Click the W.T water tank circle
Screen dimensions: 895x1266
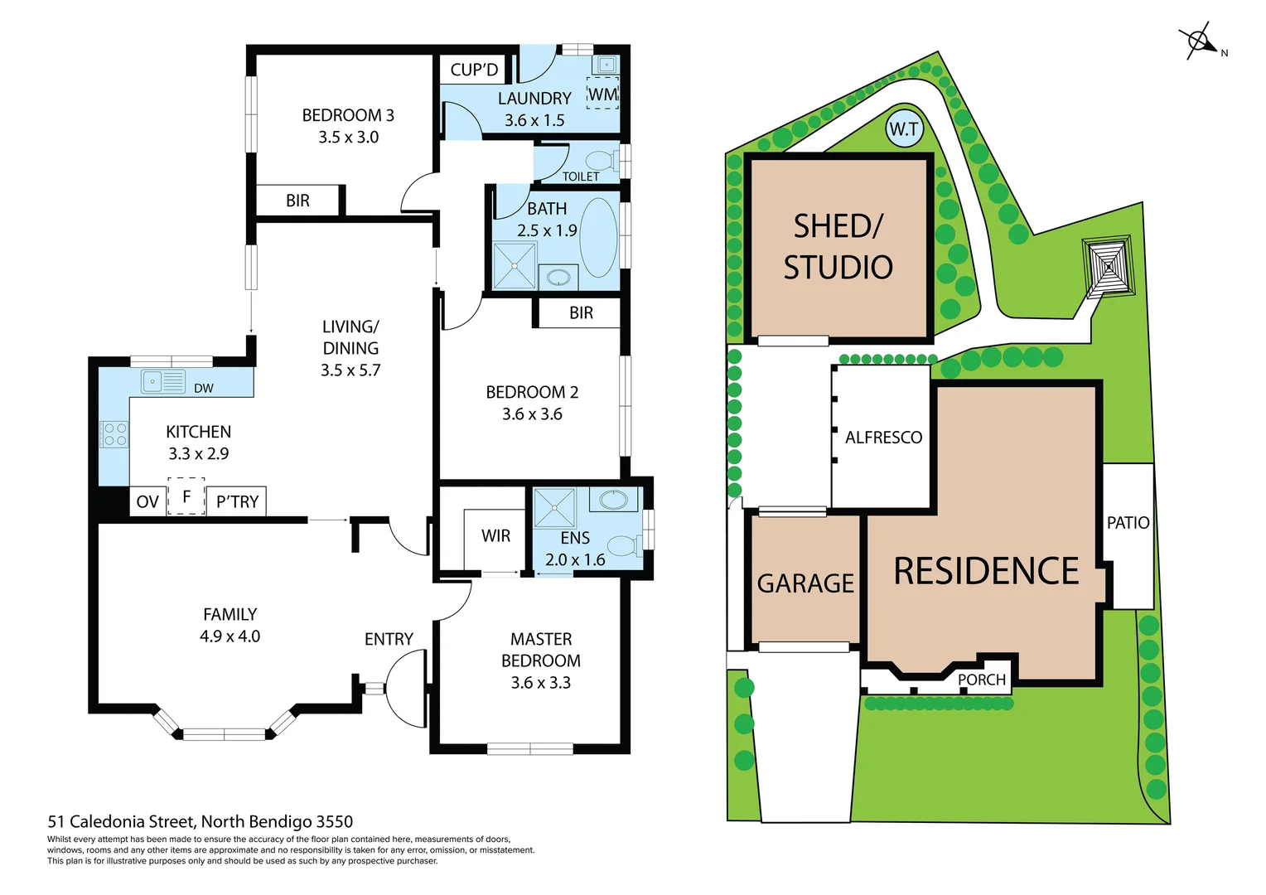(x=904, y=128)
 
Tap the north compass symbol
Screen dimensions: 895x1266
(x=1199, y=41)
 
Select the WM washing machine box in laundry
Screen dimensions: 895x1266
(x=602, y=94)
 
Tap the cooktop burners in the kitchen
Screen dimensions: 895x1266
(x=114, y=434)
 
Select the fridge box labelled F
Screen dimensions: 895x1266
(x=186, y=496)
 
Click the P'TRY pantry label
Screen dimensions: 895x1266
(x=237, y=501)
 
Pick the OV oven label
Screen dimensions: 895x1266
(x=147, y=501)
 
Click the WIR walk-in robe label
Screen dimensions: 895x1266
(x=495, y=536)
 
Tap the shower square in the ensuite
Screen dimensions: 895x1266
(x=553, y=508)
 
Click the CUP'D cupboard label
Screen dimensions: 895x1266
(x=474, y=70)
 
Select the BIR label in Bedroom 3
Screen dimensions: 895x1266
(x=297, y=201)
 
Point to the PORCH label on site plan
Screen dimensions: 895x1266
(x=981, y=680)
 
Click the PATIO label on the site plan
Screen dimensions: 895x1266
(x=1128, y=523)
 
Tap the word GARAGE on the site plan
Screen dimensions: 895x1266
(x=805, y=583)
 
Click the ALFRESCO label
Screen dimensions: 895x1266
(x=883, y=438)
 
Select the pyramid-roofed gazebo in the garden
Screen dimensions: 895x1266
(x=1108, y=266)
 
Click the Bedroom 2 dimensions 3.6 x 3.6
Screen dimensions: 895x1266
(x=532, y=414)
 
